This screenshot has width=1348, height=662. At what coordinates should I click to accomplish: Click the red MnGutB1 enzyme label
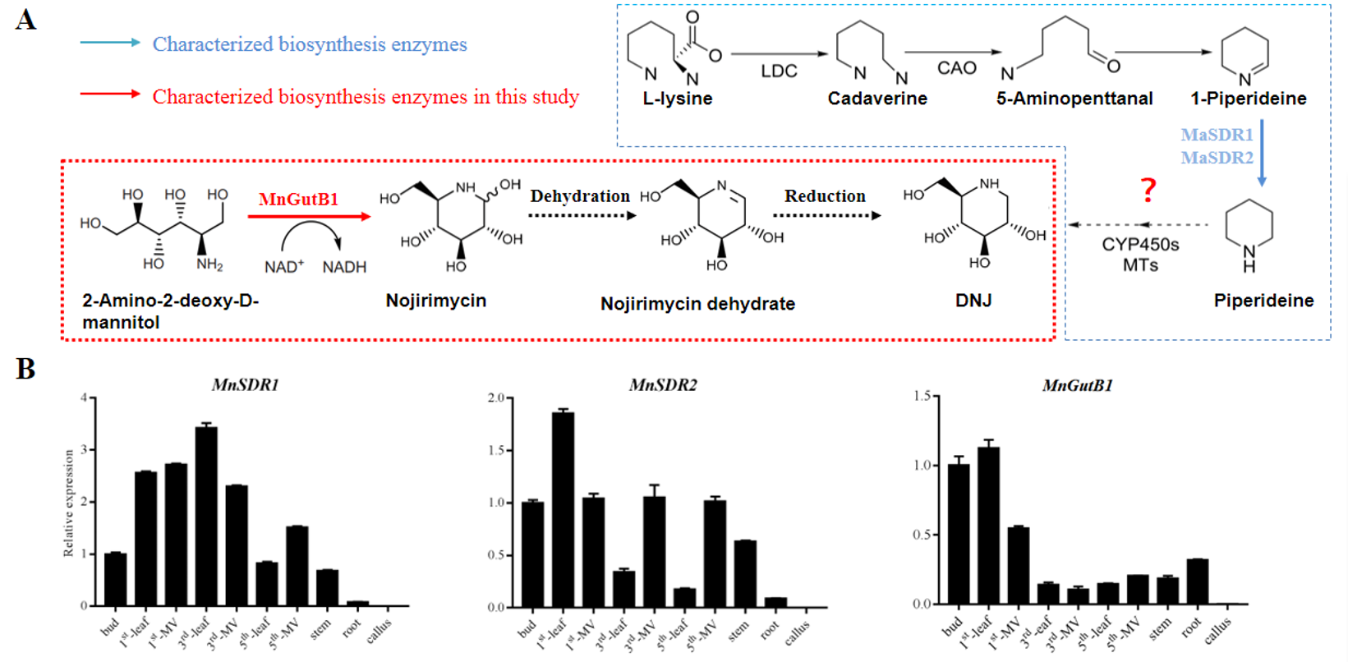298,200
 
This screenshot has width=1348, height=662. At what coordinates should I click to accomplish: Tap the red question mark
1148,191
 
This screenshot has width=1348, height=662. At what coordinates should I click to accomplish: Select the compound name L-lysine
677,99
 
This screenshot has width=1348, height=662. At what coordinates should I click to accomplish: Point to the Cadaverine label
876,99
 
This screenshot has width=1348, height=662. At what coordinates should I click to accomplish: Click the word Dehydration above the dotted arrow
579,196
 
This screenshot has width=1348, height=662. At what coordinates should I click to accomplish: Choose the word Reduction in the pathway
825,196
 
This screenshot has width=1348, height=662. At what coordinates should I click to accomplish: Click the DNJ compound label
973,301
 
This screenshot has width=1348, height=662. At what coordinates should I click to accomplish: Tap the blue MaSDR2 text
1217,158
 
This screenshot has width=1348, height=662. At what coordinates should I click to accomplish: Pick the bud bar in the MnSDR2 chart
532,554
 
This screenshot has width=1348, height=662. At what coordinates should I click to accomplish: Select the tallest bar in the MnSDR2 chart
563,509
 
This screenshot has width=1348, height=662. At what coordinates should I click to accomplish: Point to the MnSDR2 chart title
663,385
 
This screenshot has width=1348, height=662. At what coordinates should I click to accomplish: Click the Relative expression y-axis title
69,503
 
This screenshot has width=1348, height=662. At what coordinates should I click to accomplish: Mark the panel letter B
25,369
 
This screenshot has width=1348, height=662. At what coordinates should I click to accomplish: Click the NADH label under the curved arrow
344,267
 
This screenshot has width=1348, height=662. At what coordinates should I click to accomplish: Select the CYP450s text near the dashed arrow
1140,245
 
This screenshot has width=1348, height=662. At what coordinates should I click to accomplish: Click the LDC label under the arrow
778,71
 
